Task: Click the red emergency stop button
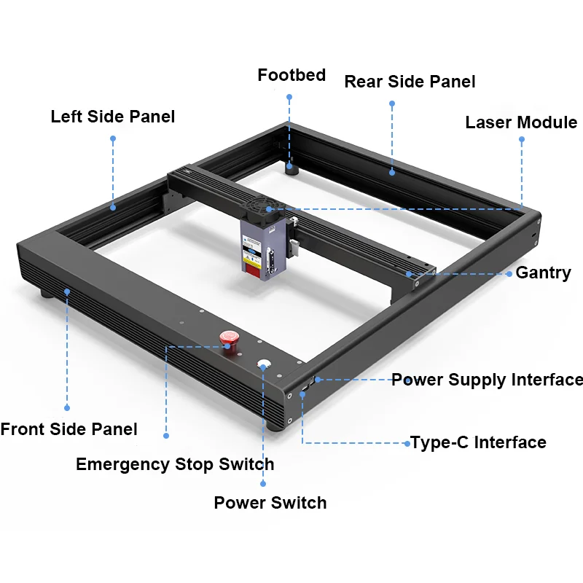coord(229,337)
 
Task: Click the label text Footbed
coord(291,75)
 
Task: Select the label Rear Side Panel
coord(410,82)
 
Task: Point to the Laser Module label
coord(521,122)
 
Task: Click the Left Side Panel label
coord(113,117)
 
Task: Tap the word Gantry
coord(543,273)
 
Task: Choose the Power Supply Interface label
coord(487,380)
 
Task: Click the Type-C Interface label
coord(478,442)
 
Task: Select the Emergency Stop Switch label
coord(175,464)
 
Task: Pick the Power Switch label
coord(270,503)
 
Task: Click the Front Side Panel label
coord(69,429)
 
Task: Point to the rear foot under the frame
coord(292,170)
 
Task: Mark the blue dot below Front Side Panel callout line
coord(67,408)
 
